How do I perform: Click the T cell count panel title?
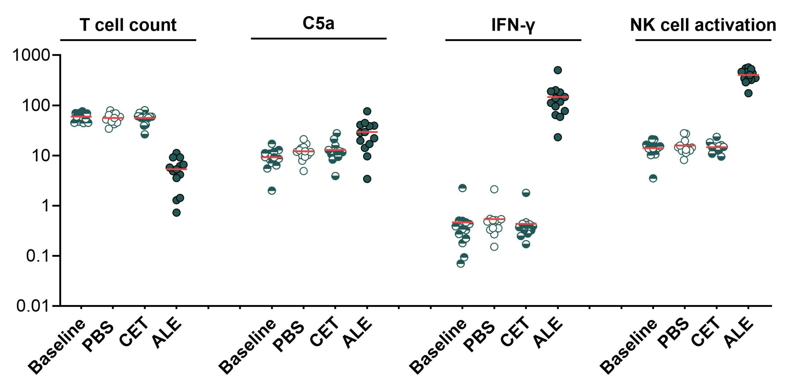[x=128, y=25]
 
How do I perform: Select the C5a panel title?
[x=318, y=23]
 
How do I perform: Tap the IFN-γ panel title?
[x=513, y=25]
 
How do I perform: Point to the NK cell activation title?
[x=703, y=25]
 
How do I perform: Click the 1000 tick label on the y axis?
[x=31, y=55]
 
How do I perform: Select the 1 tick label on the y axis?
[x=46, y=206]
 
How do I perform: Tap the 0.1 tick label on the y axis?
[x=38, y=256]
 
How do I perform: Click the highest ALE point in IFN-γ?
[x=558, y=70]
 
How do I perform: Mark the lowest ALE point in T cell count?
[x=176, y=213]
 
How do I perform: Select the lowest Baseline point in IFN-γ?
[x=460, y=263]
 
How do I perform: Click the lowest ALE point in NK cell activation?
[x=748, y=93]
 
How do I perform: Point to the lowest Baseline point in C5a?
[x=272, y=190]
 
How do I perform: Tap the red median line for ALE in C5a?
[x=367, y=132]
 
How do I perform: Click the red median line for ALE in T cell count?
[x=176, y=169]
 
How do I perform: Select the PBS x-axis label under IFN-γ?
[x=479, y=336]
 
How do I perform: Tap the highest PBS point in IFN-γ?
[x=494, y=189]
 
